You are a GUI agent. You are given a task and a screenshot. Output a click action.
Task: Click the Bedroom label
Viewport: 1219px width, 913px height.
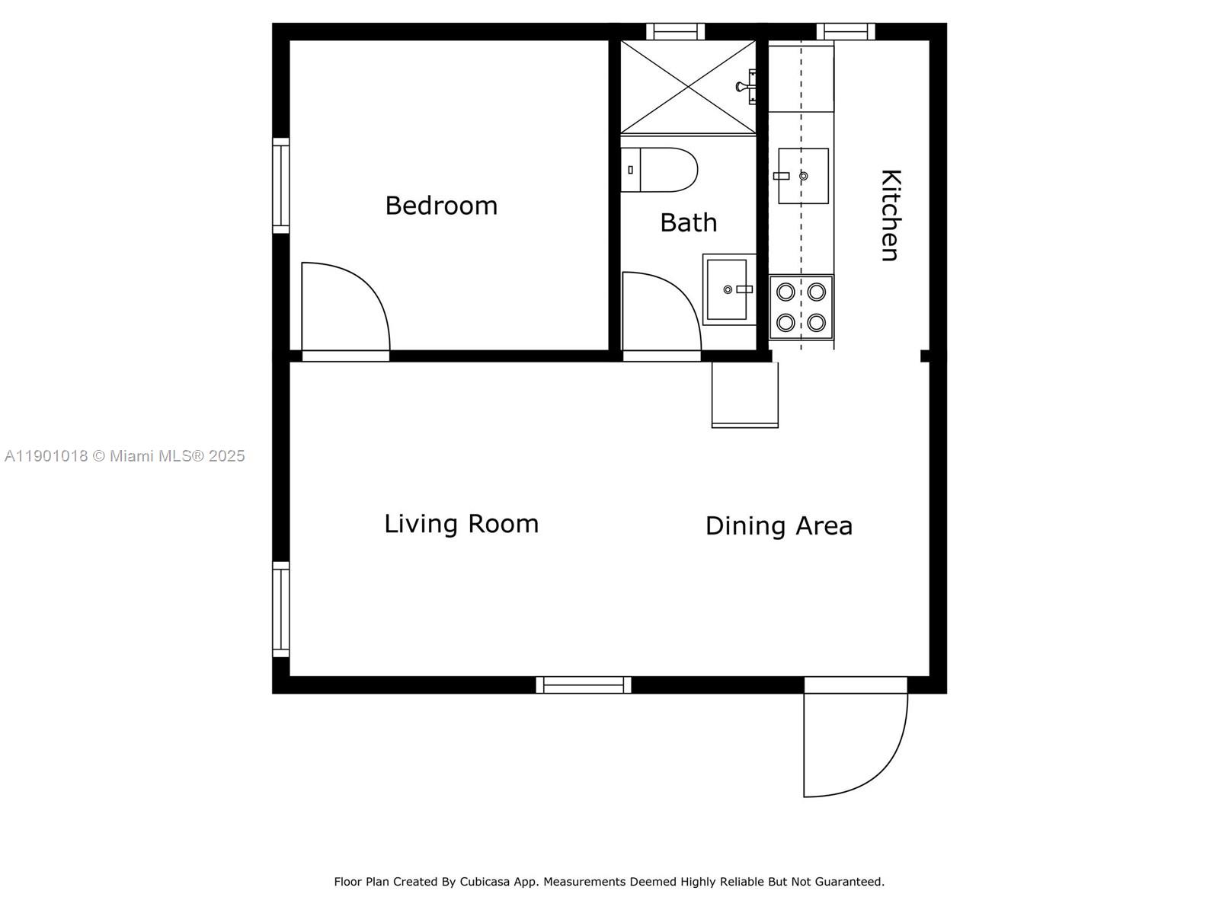pos(441,206)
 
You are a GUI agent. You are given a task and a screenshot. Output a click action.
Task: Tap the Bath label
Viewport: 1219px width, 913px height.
pos(688,222)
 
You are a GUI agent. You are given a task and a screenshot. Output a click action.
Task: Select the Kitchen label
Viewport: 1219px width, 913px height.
pos(890,215)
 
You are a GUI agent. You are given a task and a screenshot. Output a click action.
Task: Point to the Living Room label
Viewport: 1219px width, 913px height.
pos(461,524)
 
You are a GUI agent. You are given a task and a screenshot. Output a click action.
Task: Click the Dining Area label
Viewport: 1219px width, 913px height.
pos(778,526)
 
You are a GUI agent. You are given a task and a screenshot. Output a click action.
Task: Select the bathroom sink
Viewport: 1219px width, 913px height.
pos(728,289)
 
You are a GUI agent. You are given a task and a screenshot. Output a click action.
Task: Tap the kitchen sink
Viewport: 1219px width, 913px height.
pos(803,176)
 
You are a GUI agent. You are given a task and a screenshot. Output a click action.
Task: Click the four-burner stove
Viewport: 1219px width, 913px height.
pos(801,307)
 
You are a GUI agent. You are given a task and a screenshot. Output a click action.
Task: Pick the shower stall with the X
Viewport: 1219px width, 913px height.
pos(687,88)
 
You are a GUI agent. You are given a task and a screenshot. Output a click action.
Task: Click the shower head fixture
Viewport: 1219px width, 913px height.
pos(747,86)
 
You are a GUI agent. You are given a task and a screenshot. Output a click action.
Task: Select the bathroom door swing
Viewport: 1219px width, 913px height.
pos(659,314)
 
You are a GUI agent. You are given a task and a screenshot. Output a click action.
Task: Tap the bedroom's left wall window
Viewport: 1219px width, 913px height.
pos(280,185)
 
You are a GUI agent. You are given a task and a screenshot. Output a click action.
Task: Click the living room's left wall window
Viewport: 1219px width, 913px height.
pos(280,609)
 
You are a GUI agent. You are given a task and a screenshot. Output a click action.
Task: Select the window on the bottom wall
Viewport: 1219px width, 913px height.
pos(583,685)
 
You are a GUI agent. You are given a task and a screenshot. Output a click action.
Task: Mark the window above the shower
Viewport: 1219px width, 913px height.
pos(675,31)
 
